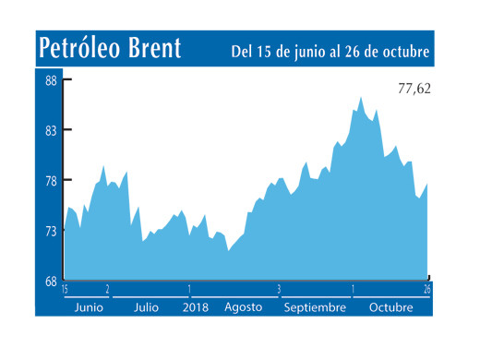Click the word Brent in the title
point(152,48)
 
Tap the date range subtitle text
point(330,52)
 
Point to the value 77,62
point(414,90)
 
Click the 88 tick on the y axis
point(52,80)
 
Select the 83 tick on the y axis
point(52,131)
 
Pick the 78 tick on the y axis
point(52,181)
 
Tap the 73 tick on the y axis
point(52,232)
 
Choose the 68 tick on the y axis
point(52,282)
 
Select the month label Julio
point(146,306)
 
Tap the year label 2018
point(196,306)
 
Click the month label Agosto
point(243,306)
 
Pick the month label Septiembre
point(314,306)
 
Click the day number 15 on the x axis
point(66,290)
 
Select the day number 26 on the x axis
point(427,290)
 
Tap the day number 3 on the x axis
point(279,290)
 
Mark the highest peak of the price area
point(360,97)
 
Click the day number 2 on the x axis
point(108,290)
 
